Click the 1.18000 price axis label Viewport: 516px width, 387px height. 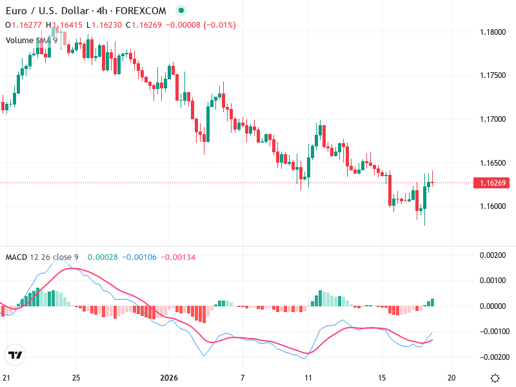coord(493,32)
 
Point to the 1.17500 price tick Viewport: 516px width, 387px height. coord(493,75)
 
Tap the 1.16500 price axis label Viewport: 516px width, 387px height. coord(493,163)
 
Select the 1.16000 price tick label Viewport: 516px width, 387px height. coord(493,206)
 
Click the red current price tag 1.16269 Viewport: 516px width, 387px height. coord(493,183)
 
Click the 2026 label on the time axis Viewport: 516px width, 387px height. coord(168,378)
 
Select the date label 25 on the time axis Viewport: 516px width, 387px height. coord(76,378)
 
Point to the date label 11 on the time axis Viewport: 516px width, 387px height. coord(308,378)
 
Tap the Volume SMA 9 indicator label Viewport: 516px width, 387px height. coord(32,40)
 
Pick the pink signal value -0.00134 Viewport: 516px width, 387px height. coord(178,257)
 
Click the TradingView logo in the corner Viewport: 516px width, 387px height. coord(15,355)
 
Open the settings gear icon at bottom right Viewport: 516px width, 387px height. coord(495,378)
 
